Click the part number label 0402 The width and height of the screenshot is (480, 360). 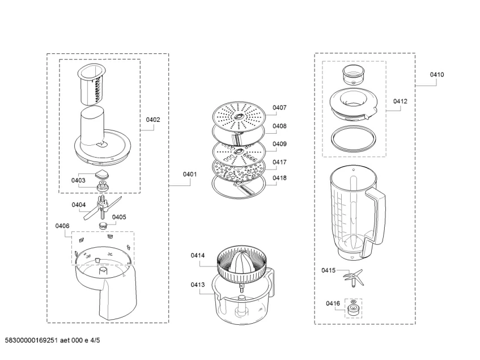[x=153, y=120]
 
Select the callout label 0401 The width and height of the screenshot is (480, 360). [x=189, y=175]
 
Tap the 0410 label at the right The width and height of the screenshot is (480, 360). [x=436, y=74]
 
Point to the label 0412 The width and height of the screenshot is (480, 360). [x=400, y=101]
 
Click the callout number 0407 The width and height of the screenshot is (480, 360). [x=279, y=107]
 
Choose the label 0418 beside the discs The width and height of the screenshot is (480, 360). [x=279, y=177]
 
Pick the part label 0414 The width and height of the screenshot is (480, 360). [x=198, y=256]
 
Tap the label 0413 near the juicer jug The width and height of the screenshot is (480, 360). [x=198, y=285]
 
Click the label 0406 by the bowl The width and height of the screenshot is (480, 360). [x=62, y=226]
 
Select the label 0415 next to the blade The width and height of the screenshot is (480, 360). [x=328, y=270]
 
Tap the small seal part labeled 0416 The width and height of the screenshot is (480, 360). [x=353, y=308]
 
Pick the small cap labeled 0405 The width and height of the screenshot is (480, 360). [x=103, y=226]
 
